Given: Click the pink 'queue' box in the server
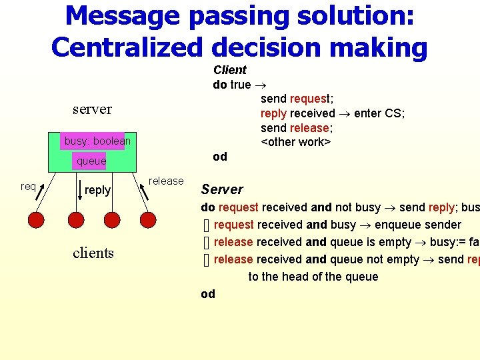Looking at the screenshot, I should click(91, 161).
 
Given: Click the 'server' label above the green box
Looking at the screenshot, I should click(92, 109).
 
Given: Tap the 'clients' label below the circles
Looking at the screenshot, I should click(93, 253).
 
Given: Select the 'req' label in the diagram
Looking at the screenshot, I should click(28, 186).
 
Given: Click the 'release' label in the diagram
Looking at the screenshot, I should click(166, 181).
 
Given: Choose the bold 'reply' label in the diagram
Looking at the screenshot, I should click(97, 190).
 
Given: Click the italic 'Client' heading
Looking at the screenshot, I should click(230, 70).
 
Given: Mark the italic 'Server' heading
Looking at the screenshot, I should click(222, 189).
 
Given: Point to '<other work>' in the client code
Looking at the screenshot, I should click(295, 142).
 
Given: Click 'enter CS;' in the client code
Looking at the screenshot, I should click(379, 113).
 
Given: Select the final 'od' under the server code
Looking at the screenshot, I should click(208, 294).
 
